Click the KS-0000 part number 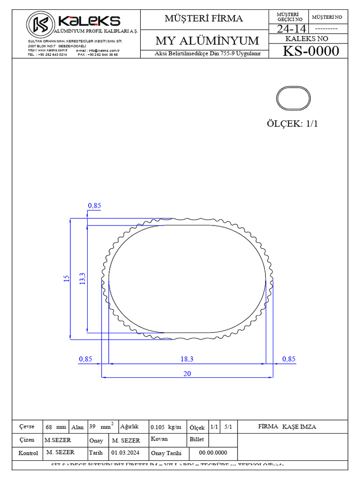(310, 51)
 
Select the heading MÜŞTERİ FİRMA (203, 19)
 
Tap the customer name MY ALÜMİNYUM (207, 41)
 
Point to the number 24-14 (291, 29)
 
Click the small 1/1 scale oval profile (293, 98)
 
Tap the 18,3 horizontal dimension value (187, 359)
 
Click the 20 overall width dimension (187, 374)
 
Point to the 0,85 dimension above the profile (94, 205)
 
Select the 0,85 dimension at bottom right (289, 359)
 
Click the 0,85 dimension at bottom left (85, 359)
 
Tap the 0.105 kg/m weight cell (165, 427)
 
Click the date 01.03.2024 (125, 453)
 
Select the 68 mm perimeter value (56, 427)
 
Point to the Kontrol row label (28, 453)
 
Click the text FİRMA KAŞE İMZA (287, 427)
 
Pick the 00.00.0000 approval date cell (213, 453)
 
